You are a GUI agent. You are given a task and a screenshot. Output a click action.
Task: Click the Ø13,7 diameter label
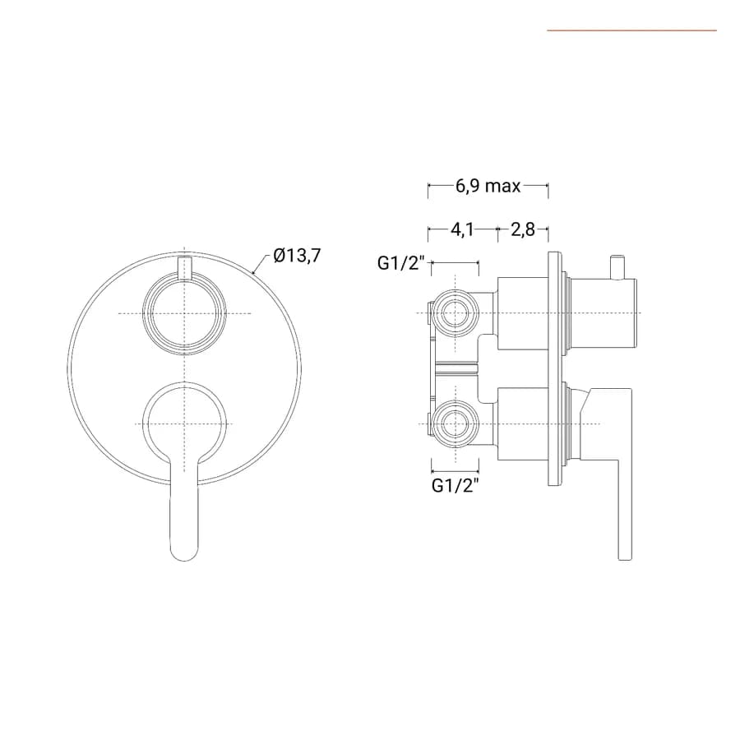click(x=297, y=257)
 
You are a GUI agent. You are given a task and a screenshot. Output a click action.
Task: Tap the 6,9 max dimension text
click(x=488, y=186)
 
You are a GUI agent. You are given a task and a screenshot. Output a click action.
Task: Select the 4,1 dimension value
click(x=462, y=230)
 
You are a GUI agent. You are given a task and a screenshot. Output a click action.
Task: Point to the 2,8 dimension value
click(x=523, y=230)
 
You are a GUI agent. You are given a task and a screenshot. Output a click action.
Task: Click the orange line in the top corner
click(x=632, y=30)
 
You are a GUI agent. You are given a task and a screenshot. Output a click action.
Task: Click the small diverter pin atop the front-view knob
click(x=184, y=268)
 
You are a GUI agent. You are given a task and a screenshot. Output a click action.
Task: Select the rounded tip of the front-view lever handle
click(x=184, y=553)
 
